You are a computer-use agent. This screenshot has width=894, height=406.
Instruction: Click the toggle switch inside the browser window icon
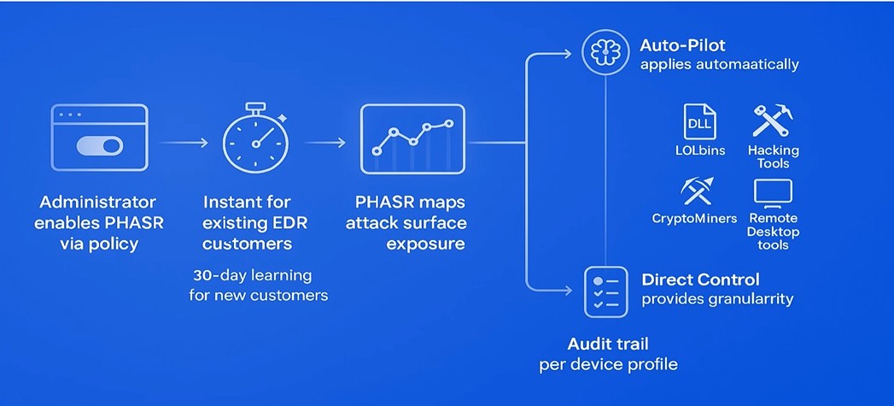coord(100,146)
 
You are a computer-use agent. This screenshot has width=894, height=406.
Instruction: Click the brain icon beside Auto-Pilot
coord(605,52)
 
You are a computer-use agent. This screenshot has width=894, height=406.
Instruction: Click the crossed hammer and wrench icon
coord(773,121)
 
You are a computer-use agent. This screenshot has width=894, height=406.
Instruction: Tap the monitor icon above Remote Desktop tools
coord(773,192)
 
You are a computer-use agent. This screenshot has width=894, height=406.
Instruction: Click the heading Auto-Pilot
coord(682,44)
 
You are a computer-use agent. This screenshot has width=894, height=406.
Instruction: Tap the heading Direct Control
coord(699,279)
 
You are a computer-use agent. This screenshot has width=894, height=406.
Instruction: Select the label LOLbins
coord(699,150)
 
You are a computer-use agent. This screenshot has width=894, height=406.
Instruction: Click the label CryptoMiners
coord(694,218)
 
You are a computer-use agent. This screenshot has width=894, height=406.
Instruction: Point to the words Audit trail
coord(608,344)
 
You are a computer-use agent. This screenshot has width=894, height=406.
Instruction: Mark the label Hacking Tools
coord(774,156)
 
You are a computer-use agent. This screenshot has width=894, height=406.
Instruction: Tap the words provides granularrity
coord(717,299)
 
